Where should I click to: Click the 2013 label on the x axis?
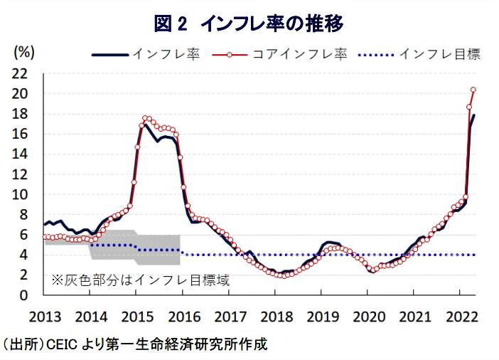(x=44, y=315)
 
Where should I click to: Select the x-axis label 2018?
(x=274, y=315)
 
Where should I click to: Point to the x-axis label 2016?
(x=183, y=315)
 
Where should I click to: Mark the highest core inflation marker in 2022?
(x=473, y=90)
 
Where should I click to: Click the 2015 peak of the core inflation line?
(x=145, y=118)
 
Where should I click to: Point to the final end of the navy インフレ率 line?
(x=474, y=115)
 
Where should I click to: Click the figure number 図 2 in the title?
(x=171, y=23)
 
